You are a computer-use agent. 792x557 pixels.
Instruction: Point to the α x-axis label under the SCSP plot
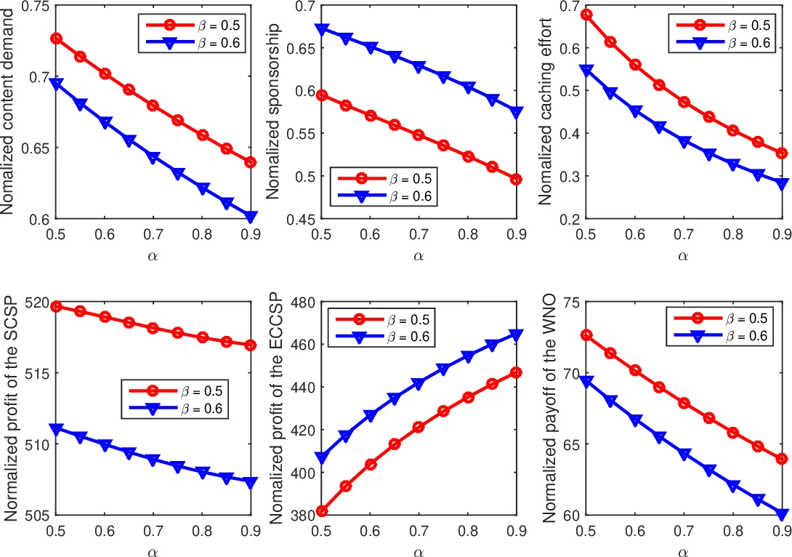point(153,550)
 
